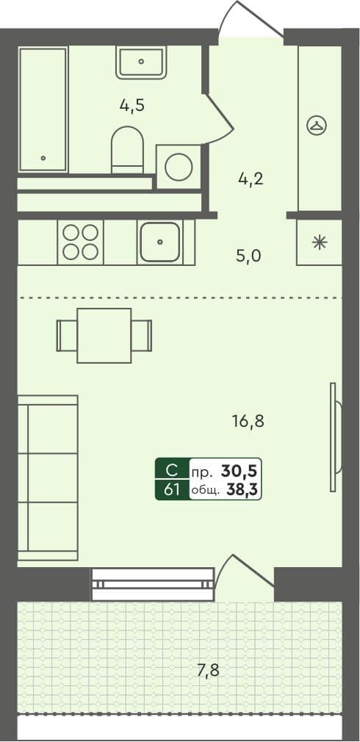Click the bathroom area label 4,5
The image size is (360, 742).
coord(132,104)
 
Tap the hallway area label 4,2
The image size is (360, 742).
coord(250,179)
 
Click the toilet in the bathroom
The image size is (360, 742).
coord(128,150)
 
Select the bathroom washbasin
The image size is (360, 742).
coord(142,62)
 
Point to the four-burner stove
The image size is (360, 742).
coord(81,242)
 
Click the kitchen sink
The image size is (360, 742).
coord(159,242)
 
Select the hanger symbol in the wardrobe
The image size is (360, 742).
coord(317,126)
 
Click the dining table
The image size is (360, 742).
coord(104,336)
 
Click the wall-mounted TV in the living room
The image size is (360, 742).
coord(334,438)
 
